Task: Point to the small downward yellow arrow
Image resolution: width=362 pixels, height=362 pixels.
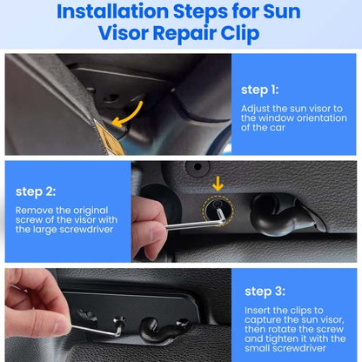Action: click(218, 184)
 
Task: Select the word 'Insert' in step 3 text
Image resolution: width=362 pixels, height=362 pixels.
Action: click(258, 309)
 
